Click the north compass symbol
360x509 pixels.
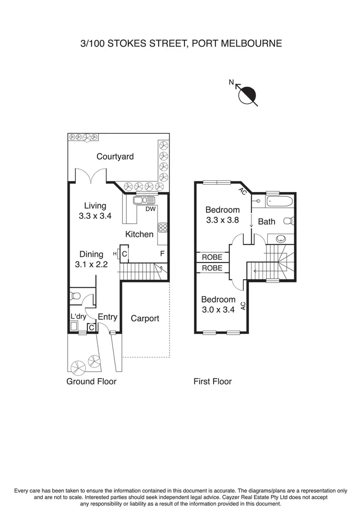point(248,95)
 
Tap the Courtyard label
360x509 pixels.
point(115,156)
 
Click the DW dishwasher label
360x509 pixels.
point(150,209)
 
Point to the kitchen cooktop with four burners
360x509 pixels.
point(163,227)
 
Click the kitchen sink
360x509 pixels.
point(144,200)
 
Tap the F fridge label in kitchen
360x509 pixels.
point(162,253)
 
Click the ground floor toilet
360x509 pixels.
point(75,296)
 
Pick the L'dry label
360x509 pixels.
point(78,317)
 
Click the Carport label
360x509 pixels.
point(144,318)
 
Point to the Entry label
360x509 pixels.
point(108,317)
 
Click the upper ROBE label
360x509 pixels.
point(212,257)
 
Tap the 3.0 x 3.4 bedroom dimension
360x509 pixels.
point(218,310)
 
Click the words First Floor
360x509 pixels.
point(212,381)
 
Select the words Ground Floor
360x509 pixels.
point(92,381)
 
